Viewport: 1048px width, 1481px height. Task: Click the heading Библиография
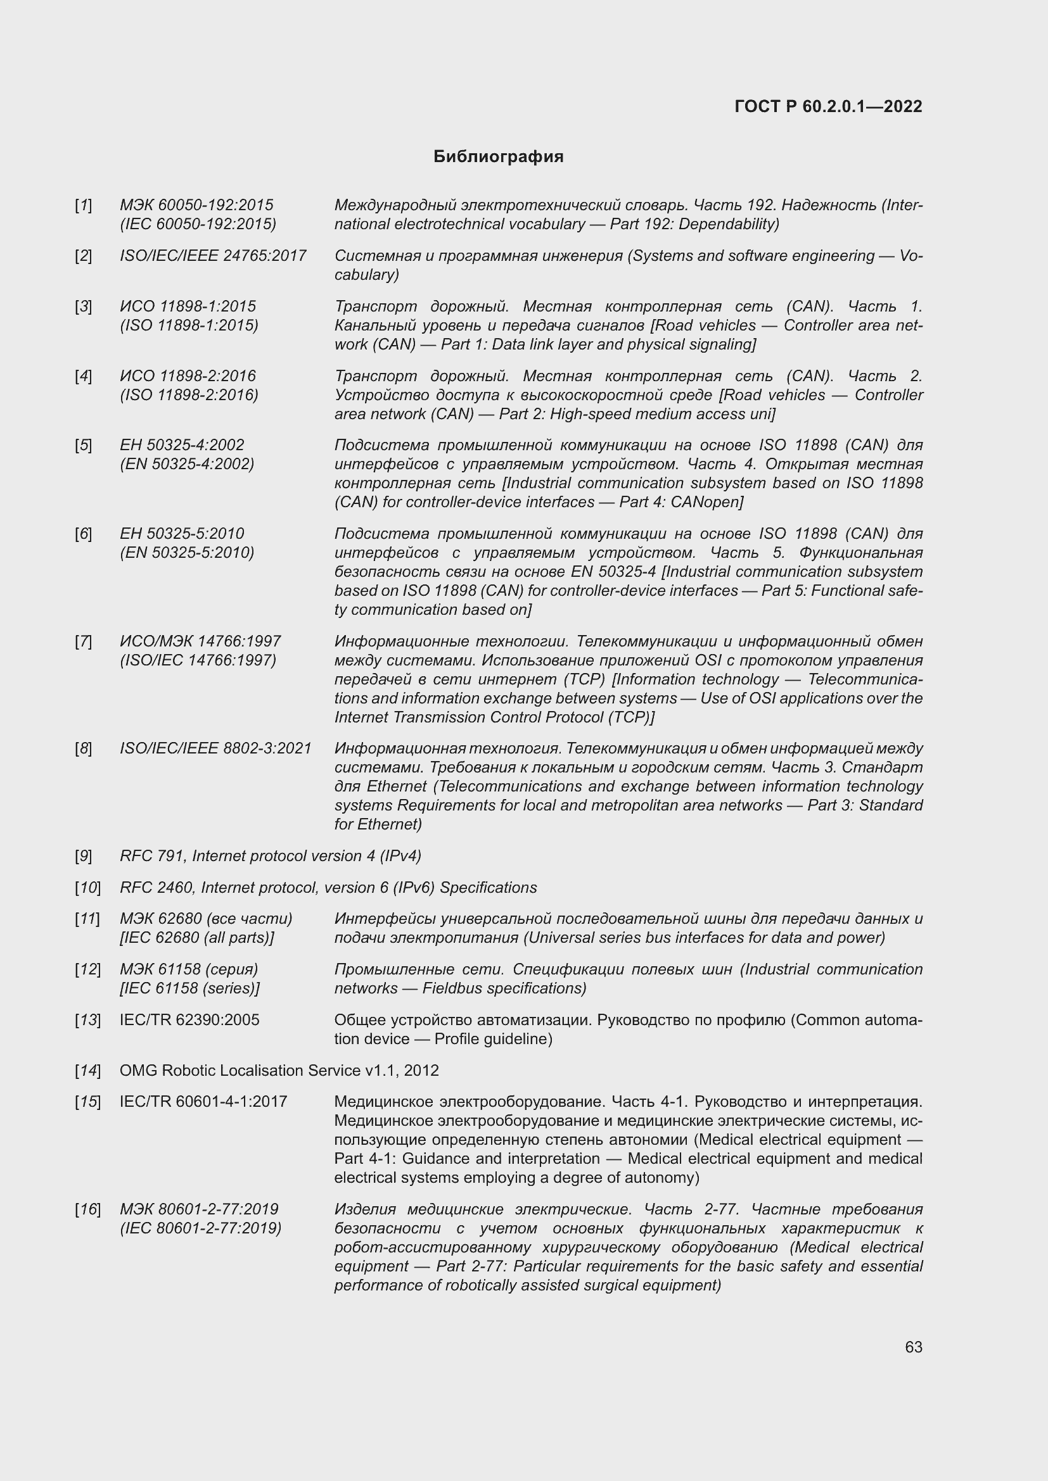click(498, 157)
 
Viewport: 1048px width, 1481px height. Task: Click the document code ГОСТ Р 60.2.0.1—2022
click(828, 106)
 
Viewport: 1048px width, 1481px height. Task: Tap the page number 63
click(913, 1347)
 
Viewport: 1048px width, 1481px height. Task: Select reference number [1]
click(83, 205)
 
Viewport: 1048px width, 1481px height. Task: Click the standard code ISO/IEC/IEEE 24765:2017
click(213, 255)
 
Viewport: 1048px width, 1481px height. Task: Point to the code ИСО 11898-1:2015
click(188, 306)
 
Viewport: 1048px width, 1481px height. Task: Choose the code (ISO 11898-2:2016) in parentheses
click(189, 394)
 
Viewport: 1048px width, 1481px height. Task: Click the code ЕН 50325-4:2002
click(182, 445)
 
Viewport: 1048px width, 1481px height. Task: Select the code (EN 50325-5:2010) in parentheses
click(187, 553)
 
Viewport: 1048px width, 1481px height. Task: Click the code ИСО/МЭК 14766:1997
click(200, 641)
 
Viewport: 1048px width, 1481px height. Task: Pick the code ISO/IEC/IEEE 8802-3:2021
click(215, 748)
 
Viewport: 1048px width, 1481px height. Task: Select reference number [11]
click(88, 919)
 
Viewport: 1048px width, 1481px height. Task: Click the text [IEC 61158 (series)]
click(189, 988)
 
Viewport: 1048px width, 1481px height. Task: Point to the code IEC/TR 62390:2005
click(189, 1020)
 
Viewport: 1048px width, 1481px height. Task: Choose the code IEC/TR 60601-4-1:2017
click(203, 1102)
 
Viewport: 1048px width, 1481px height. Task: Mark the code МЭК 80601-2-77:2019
click(199, 1209)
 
